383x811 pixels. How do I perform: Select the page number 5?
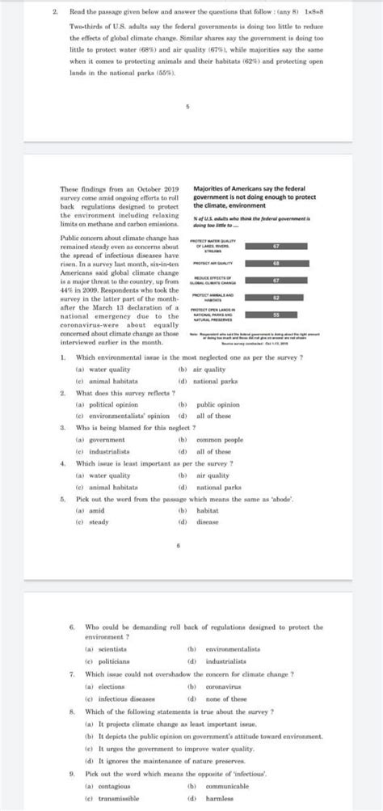coord(187,107)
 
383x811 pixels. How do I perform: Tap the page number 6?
coord(187,547)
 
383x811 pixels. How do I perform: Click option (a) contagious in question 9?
coord(104,785)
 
